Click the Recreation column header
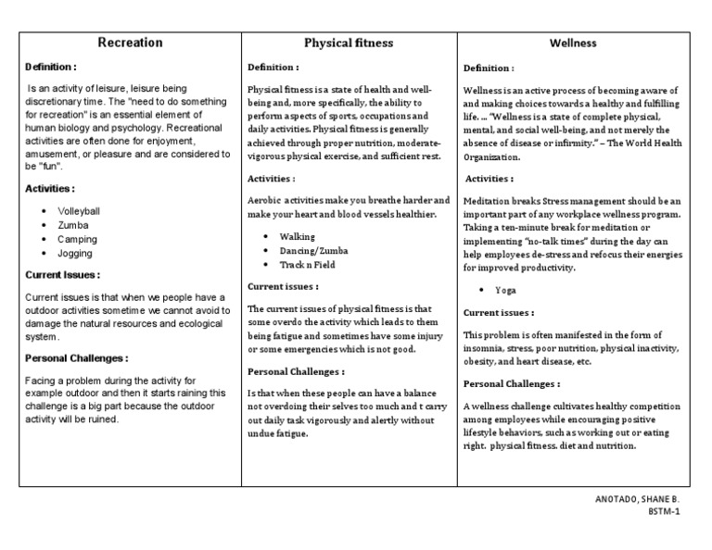pyautogui.click(x=130, y=43)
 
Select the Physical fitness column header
pyautogui.click(x=349, y=43)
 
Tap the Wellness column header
pyautogui.click(x=572, y=43)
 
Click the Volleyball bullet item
pyautogui.click(x=78, y=211)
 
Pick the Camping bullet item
pyautogui.click(x=77, y=239)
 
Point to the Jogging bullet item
pyautogui.click(x=75, y=253)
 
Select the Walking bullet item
pyautogui.click(x=297, y=237)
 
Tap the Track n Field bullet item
pyautogui.click(x=307, y=265)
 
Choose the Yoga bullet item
pyautogui.click(x=505, y=290)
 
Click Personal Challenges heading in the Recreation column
pyautogui.click(x=76, y=358)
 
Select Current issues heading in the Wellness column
pyautogui.click(x=498, y=313)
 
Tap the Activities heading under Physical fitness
pyautogui.click(x=271, y=178)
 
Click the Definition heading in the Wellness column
pyautogui.click(x=489, y=69)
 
